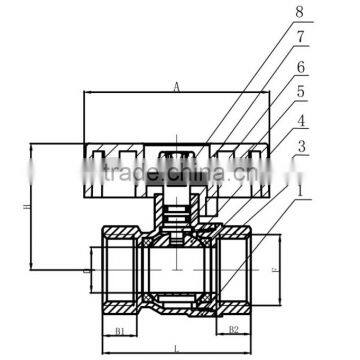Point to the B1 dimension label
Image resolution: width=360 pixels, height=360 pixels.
119,328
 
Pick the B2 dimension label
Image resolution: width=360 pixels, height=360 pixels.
233,328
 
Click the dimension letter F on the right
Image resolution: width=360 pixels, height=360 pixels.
277,268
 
